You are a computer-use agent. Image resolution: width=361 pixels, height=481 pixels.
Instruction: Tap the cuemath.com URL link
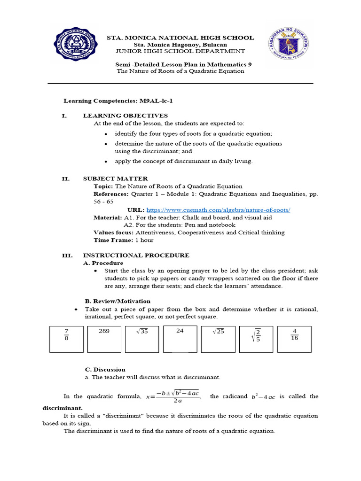point(218,210)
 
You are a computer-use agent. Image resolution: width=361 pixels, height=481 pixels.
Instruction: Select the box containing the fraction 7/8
point(66,339)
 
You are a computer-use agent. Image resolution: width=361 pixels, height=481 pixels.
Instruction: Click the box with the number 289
point(104,339)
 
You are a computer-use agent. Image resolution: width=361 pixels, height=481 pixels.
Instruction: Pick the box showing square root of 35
point(142,339)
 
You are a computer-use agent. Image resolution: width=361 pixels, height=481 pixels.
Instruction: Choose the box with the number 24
point(180,339)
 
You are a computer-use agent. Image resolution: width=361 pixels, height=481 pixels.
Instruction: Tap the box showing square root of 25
point(218,339)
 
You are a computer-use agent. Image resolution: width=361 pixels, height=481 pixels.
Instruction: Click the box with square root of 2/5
point(256,339)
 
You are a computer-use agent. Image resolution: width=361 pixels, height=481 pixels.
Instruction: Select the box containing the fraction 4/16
point(294,339)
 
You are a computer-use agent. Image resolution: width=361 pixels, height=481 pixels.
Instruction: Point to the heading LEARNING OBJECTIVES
point(125,116)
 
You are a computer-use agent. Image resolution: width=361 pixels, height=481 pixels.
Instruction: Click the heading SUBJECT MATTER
point(115,178)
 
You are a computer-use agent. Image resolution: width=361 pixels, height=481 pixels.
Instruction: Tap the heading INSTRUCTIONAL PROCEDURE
point(136,256)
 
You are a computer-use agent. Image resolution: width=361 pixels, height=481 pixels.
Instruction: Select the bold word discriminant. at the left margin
point(62,408)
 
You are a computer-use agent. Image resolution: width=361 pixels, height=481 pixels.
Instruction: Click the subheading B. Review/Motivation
point(117,301)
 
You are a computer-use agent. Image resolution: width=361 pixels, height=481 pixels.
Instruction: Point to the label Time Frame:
point(113,240)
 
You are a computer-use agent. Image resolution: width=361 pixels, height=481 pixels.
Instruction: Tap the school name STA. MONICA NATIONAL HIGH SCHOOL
point(180,38)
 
